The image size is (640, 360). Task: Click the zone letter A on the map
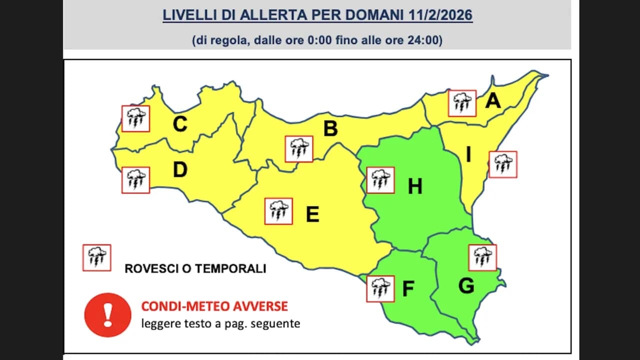[493, 101]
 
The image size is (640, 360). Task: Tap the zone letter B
[330, 129]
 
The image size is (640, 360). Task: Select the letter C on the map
[180, 124]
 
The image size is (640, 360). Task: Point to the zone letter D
[180, 170]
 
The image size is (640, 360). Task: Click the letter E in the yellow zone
[312, 214]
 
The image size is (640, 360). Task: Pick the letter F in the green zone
[408, 289]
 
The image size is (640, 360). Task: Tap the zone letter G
[466, 286]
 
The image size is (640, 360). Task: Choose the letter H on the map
[415, 186]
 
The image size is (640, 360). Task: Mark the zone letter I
[468, 155]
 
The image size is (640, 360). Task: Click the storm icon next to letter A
[462, 103]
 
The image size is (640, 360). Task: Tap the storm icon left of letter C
[136, 118]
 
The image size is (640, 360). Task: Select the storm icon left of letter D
[136, 180]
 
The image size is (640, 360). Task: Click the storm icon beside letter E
[278, 211]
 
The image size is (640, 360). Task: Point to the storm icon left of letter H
[380, 180]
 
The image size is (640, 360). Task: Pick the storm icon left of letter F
[380, 288]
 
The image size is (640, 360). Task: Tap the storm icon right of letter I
[503, 164]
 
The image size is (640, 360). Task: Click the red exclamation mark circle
[107, 315]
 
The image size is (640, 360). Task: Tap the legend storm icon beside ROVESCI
[96, 257]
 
